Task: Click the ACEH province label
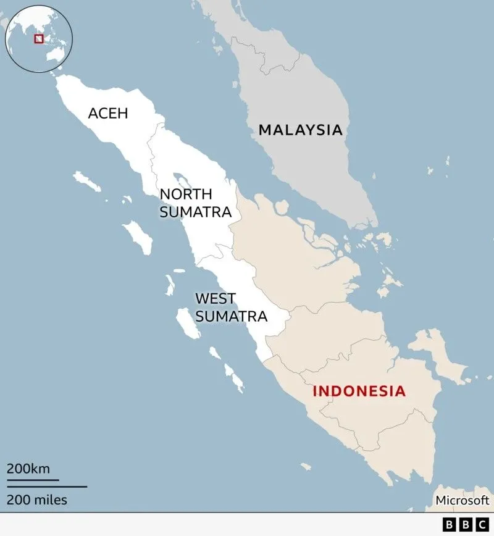click(x=109, y=114)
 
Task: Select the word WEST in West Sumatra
click(x=216, y=299)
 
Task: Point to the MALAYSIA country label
click(x=300, y=130)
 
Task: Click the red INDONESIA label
click(x=359, y=391)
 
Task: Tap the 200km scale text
click(x=28, y=468)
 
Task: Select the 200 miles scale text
click(x=37, y=499)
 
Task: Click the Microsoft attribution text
click(x=462, y=500)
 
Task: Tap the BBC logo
click(x=465, y=524)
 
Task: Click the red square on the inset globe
click(x=39, y=38)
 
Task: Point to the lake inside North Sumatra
click(x=182, y=180)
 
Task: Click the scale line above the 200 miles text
click(x=47, y=487)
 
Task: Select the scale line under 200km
click(x=33, y=479)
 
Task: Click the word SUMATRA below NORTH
click(x=195, y=212)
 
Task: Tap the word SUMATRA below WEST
click(x=231, y=316)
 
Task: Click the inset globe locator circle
click(x=38, y=38)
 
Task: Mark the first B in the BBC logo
click(x=450, y=524)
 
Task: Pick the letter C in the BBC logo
click(x=481, y=524)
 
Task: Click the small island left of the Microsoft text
click(x=305, y=467)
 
